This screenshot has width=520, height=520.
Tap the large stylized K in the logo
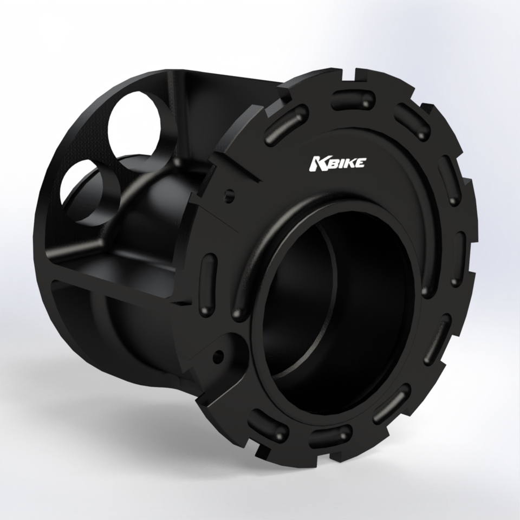tap(316, 163)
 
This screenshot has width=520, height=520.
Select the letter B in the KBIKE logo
tap(330, 162)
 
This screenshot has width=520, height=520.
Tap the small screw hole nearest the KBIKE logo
tap(230, 194)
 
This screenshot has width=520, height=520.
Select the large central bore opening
tap(336, 309)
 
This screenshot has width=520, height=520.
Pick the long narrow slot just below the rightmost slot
tap(437, 339)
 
